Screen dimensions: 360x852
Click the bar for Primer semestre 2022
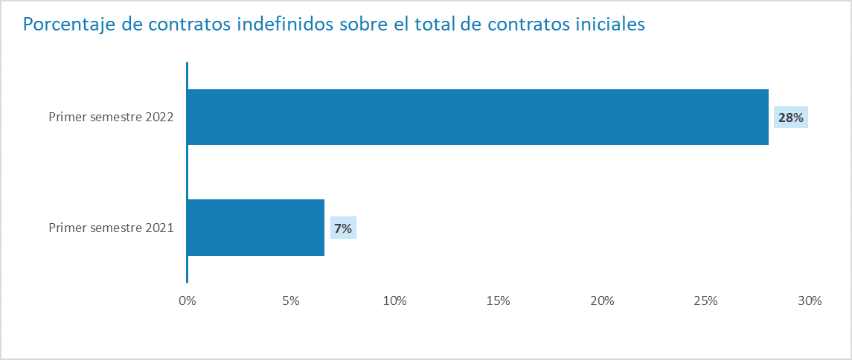tap(477, 117)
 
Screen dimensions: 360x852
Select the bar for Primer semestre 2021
tap(256, 228)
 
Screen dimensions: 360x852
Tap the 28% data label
tap(791, 118)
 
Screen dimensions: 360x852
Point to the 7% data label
tap(343, 228)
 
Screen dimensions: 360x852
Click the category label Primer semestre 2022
tap(111, 118)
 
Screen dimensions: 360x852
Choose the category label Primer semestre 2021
tap(111, 228)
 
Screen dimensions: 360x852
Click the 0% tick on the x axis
tap(187, 301)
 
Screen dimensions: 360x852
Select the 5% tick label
tap(291, 301)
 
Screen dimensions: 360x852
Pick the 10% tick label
tap(394, 301)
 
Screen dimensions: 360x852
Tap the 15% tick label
tap(498, 301)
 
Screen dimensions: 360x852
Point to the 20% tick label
tap(602, 301)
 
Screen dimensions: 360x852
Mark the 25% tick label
tap(705, 301)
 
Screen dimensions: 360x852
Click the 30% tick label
tap(809, 301)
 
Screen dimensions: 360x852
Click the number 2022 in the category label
tap(160, 118)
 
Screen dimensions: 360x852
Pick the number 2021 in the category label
tap(160, 228)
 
